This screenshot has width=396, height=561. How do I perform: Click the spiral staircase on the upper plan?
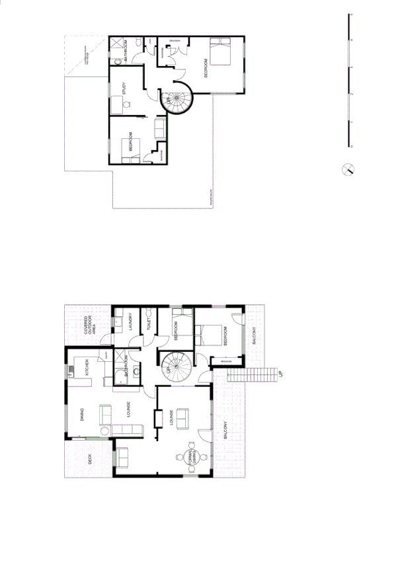click(175, 99)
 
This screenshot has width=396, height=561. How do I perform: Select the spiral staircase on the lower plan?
click(174, 365)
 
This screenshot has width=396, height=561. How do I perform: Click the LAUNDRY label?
click(132, 321)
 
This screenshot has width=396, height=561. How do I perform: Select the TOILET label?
click(150, 324)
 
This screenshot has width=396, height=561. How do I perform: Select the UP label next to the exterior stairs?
click(280, 374)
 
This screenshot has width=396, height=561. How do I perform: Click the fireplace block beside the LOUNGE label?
click(157, 419)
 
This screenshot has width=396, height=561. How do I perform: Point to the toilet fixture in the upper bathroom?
click(117, 61)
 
